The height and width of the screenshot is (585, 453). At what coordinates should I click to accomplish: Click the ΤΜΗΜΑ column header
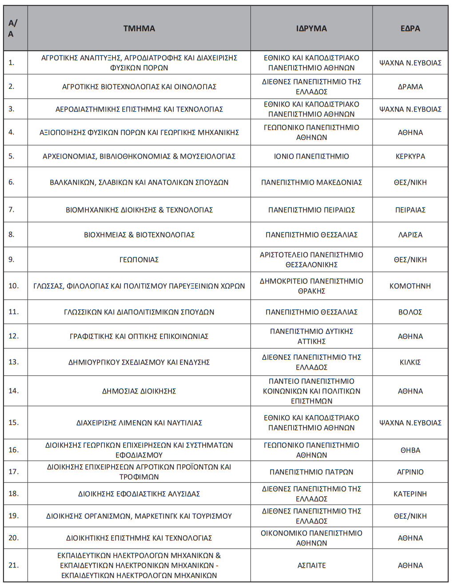139,28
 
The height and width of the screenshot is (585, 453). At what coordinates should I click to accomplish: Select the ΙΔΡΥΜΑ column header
311,28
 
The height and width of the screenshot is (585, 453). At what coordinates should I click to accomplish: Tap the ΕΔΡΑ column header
410,28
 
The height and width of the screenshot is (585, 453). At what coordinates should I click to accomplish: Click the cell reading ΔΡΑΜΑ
410,87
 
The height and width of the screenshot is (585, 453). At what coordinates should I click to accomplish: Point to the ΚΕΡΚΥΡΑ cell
410,156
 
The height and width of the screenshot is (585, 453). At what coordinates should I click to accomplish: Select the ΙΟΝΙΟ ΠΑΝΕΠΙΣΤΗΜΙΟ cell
311,156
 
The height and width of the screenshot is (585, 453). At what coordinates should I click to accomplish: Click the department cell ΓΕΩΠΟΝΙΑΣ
139,259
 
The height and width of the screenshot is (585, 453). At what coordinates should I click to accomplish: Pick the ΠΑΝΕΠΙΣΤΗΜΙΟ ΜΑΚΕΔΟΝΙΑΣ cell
311,182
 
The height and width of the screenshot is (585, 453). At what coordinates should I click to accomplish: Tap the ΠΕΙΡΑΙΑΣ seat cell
410,210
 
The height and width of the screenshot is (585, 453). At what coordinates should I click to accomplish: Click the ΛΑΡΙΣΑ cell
410,235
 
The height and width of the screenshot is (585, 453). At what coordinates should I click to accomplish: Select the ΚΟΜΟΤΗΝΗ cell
410,286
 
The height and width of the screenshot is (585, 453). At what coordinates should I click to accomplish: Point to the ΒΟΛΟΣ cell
410,312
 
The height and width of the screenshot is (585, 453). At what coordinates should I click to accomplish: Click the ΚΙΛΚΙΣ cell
410,362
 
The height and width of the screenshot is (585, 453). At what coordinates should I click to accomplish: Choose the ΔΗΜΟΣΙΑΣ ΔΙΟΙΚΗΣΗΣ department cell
139,391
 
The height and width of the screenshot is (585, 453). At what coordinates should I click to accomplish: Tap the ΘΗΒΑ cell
410,450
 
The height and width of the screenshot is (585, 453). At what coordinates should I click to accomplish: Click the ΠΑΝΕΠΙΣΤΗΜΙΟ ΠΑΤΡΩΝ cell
311,472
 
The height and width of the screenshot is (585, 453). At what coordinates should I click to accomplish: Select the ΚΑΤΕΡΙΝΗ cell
410,493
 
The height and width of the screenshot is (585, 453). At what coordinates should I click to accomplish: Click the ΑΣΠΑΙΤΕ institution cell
311,565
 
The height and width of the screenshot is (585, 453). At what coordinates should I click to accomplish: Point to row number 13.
14,362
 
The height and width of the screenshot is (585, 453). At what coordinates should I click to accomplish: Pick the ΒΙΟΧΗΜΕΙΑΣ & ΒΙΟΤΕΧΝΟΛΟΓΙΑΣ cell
139,235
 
